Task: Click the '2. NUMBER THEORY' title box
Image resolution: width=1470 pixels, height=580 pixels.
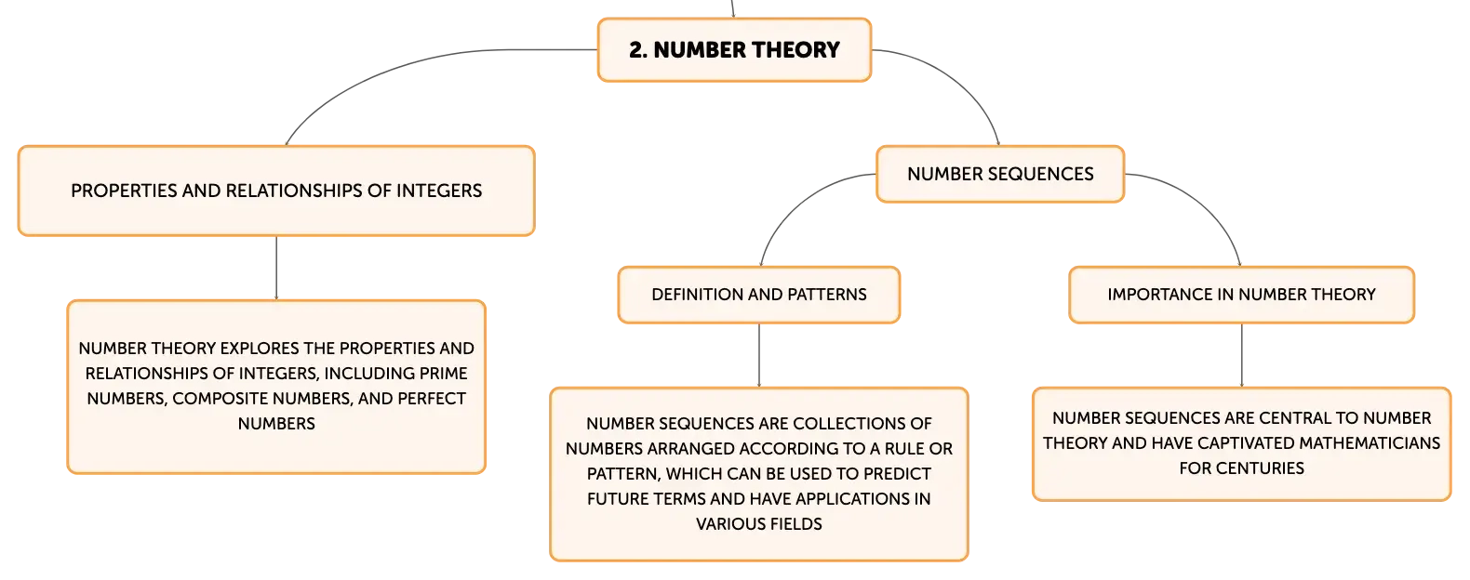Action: pyautogui.click(x=734, y=50)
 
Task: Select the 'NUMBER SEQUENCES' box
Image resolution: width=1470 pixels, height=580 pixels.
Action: pyautogui.click(x=1000, y=174)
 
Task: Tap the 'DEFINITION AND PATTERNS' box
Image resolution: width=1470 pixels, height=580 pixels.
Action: pyautogui.click(x=758, y=295)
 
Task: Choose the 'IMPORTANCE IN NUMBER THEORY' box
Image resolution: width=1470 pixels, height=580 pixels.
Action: pyautogui.click(x=1241, y=295)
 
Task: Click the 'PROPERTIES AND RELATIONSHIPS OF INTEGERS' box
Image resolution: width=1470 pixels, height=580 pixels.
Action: pyautogui.click(x=276, y=191)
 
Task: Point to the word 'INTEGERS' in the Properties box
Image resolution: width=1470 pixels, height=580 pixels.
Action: pyautogui.click(x=440, y=191)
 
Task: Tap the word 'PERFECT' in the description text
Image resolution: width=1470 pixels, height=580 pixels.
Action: pyautogui.click(x=434, y=399)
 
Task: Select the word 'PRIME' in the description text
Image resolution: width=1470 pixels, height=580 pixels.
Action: pyautogui.click(x=444, y=374)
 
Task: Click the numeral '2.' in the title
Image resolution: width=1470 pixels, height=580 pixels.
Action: pyautogui.click(x=638, y=50)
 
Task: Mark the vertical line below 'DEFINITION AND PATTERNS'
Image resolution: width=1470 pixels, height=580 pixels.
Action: pyautogui.click(x=759, y=355)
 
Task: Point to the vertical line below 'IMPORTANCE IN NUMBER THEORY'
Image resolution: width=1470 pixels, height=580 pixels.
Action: pyautogui.click(x=1242, y=355)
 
